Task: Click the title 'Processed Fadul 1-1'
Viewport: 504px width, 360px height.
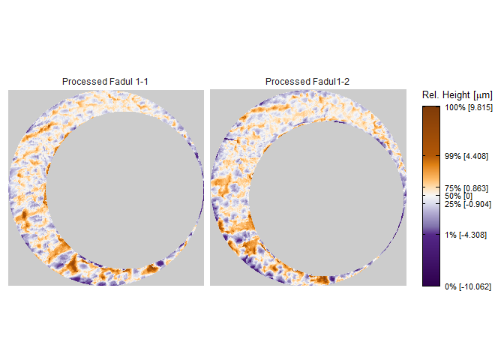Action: pyautogui.click(x=105, y=82)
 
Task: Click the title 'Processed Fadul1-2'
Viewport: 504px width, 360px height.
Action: pyautogui.click(x=307, y=82)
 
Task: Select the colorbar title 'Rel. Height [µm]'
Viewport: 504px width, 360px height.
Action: pyautogui.click(x=457, y=95)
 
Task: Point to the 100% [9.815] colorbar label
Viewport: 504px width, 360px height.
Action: pyautogui.click(x=469, y=107)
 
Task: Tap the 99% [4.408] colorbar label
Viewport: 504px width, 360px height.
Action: pyautogui.click(x=466, y=156)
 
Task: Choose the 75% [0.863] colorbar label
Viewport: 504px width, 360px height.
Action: pyautogui.click(x=466, y=188)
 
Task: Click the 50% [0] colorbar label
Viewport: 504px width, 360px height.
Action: pyautogui.click(x=459, y=196)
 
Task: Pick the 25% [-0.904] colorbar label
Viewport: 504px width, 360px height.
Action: pyautogui.click(x=468, y=204)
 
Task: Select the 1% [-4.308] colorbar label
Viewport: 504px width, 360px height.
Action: pyautogui.click(x=466, y=235)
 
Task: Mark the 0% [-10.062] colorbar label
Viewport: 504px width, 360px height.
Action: pyautogui.click(x=468, y=286)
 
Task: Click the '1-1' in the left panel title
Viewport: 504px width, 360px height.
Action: pyautogui.click(x=142, y=82)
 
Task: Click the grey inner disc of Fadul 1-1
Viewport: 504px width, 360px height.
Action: pyautogui.click(x=124, y=190)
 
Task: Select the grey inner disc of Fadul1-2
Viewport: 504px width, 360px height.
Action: pyautogui.click(x=326, y=198)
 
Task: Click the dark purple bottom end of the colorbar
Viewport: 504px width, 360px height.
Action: pyautogui.click(x=430, y=282)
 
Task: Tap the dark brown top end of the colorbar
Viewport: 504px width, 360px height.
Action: pyautogui.click(x=430, y=110)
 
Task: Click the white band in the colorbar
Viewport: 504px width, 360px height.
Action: pyautogui.click(x=430, y=196)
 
